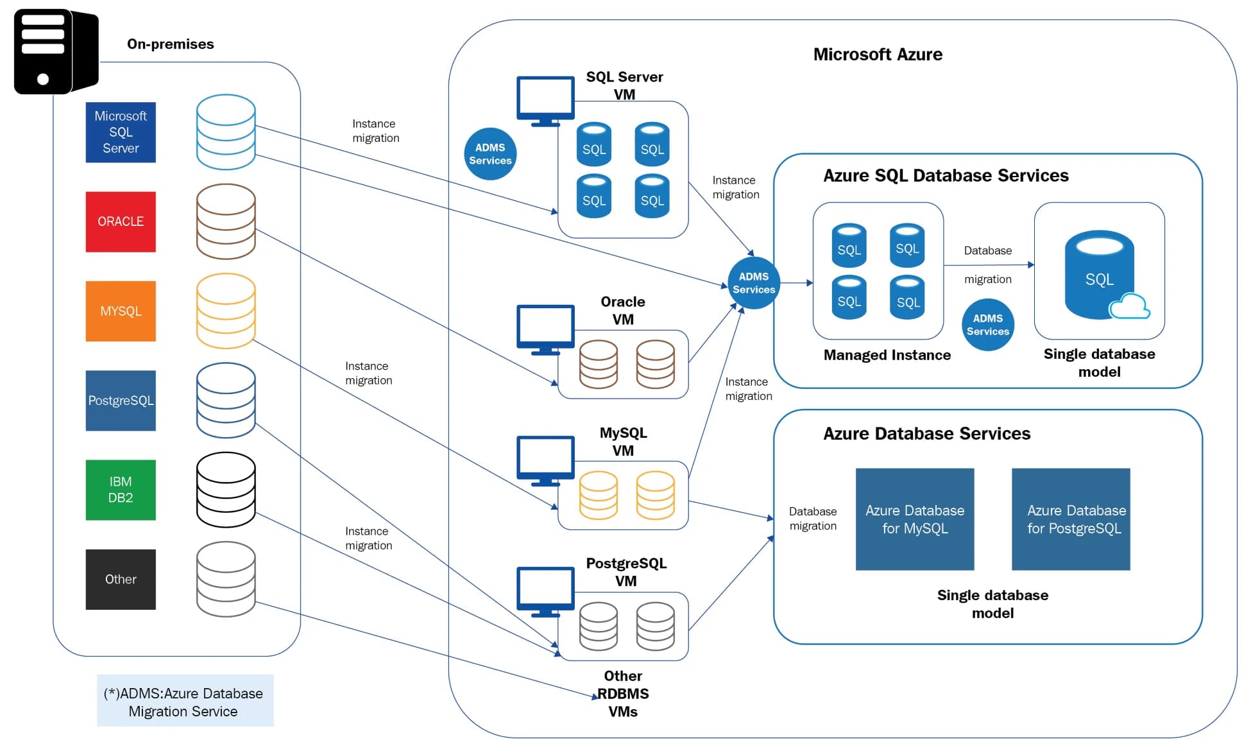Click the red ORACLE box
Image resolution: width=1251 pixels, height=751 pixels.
121,221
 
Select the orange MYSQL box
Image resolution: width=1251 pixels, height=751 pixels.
121,311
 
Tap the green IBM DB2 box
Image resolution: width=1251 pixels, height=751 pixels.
121,490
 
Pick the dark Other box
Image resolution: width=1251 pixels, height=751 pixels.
121,579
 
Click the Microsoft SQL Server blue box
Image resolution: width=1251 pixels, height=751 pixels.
121,132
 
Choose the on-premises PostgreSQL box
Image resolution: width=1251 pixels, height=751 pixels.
121,401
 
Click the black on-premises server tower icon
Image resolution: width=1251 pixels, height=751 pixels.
56,51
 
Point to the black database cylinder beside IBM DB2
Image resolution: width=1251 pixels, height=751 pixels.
226,490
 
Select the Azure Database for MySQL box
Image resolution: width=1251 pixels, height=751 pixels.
915,519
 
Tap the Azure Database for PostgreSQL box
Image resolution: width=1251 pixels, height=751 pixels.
1071,519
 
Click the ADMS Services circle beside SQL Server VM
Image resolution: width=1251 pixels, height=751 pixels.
490,154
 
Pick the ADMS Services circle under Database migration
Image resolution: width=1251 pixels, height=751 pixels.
988,325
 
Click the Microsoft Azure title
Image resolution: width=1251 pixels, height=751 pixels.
878,55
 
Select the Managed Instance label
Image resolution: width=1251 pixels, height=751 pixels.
887,355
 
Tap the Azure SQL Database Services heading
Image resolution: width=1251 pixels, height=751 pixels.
946,176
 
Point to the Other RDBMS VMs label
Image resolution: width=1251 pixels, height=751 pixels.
623,694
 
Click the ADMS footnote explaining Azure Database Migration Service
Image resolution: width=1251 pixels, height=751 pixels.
185,702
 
